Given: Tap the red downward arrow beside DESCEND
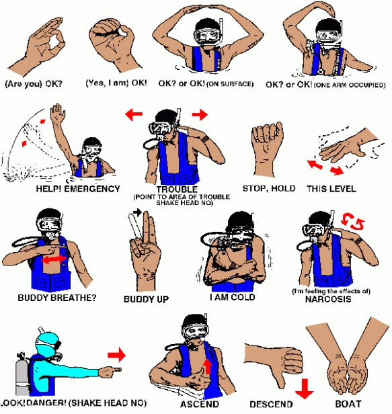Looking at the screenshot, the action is pyautogui.click(x=305, y=388).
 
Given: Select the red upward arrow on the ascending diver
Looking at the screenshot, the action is pyautogui.click(x=208, y=366).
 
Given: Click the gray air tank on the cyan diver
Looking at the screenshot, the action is pyautogui.click(x=22, y=374).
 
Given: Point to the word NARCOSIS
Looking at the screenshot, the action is pyautogui.click(x=328, y=299).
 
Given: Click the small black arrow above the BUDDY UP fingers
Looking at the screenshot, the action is pyautogui.click(x=137, y=212).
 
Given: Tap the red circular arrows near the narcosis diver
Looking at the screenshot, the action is pyautogui.click(x=353, y=221).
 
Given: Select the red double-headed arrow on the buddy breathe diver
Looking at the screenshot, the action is pyautogui.click(x=54, y=259).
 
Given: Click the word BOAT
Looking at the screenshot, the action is pyautogui.click(x=348, y=404).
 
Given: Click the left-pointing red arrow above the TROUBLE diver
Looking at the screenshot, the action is pyautogui.click(x=134, y=114).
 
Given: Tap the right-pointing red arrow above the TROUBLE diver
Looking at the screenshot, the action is pyautogui.click(x=200, y=114).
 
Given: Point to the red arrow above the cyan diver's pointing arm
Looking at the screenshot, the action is pyautogui.click(x=116, y=355).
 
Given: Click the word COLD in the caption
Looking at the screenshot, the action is pyautogui.click(x=243, y=297).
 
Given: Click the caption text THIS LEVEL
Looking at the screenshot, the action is pyautogui.click(x=331, y=189).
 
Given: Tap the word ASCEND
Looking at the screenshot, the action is pyautogui.click(x=200, y=404).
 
